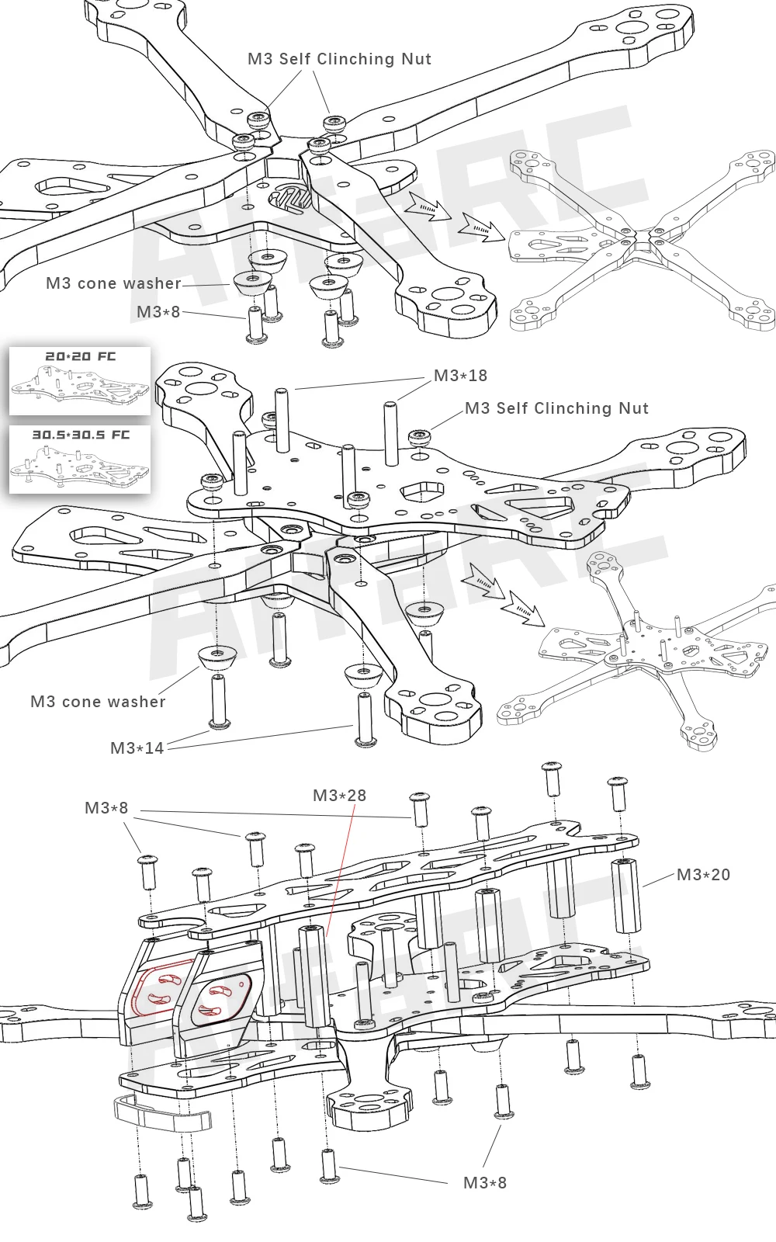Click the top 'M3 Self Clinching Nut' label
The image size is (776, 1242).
(339, 59)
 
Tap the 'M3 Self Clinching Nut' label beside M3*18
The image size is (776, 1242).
(556, 408)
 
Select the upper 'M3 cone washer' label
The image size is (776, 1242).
(113, 283)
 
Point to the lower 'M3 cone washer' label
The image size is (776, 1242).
(98, 702)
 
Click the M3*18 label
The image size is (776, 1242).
(460, 376)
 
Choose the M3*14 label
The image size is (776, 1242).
(137, 748)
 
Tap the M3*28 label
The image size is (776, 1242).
(339, 796)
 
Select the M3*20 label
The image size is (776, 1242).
(703, 875)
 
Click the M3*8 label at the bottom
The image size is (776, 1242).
(484, 1183)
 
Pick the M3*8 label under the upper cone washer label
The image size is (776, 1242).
(158, 312)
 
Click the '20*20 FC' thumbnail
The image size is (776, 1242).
(80, 380)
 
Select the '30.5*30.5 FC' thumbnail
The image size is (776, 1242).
(80, 458)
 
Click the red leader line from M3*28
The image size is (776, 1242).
(341, 869)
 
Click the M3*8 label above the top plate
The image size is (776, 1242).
(106, 808)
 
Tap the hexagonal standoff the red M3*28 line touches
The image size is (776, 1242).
(313, 974)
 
